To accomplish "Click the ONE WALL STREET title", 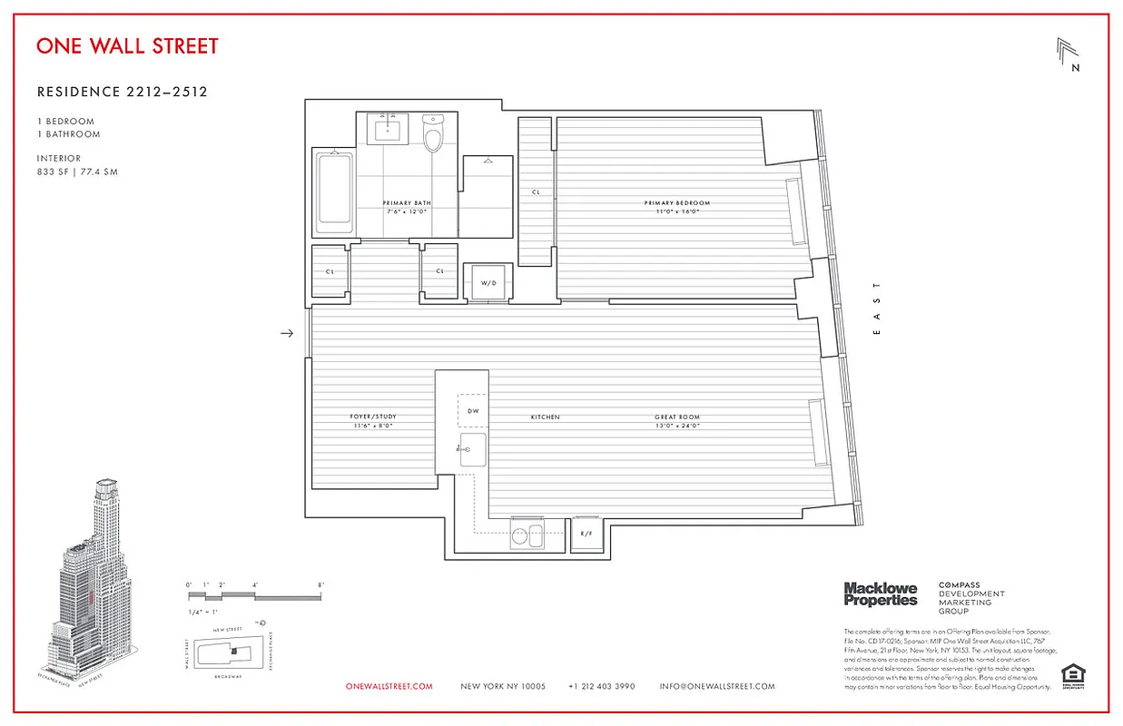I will [127, 46].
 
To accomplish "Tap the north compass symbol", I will [1069, 54].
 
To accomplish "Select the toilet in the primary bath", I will [433, 135].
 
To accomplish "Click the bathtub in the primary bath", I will [332, 190].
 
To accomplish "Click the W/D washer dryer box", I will [488, 281].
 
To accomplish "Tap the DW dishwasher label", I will [472, 410].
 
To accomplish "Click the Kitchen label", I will [545, 417].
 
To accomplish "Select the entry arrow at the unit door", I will [287, 333].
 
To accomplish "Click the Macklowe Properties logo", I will [880, 594].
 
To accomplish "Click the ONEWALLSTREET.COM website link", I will [389, 687].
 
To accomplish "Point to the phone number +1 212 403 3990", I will [601, 687].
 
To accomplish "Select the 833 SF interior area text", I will [77, 171].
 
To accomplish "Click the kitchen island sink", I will [472, 449].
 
